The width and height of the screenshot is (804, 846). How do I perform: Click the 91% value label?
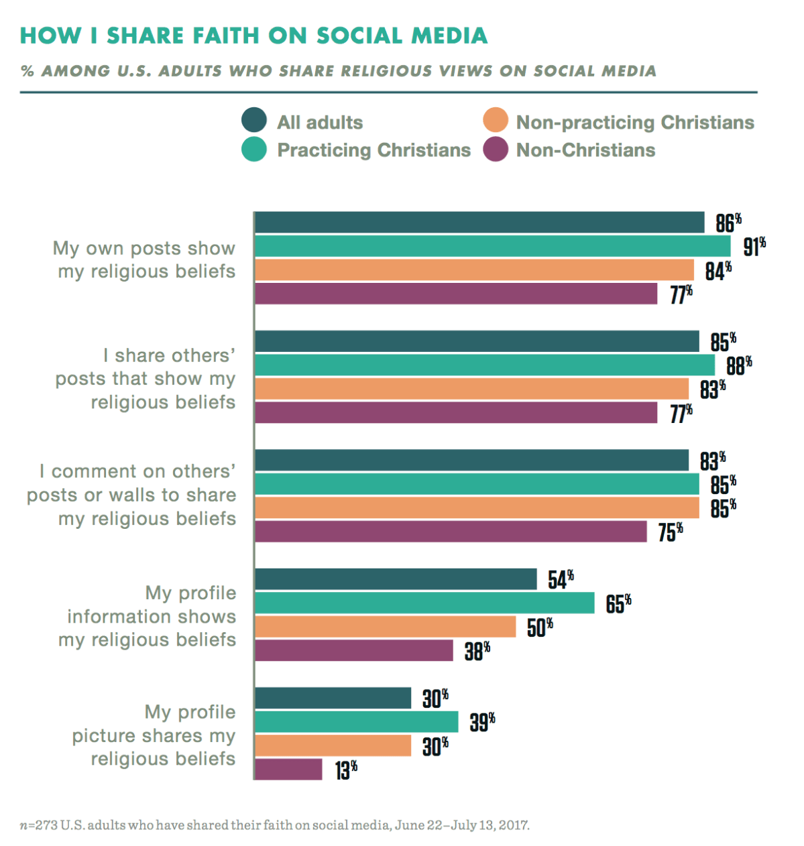click(754, 247)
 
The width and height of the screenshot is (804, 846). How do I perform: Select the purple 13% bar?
click(288, 770)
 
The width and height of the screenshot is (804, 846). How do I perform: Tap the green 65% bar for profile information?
click(424, 603)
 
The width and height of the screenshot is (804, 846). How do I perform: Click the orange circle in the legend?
click(496, 121)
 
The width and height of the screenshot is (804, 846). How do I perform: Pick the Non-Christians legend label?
click(585, 149)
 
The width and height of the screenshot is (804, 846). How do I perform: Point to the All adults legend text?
click(320, 122)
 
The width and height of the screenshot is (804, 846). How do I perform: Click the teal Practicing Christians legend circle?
click(254, 149)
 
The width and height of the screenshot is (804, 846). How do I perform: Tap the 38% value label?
click(477, 650)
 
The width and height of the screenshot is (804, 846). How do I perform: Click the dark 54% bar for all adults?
click(396, 579)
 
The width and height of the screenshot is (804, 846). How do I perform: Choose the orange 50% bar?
click(386, 627)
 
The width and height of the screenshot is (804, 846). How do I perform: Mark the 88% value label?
click(739, 365)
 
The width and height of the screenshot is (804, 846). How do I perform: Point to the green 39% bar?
click(356, 722)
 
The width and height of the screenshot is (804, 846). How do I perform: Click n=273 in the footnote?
click(38, 825)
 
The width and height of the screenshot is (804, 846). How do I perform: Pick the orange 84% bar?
click(474, 270)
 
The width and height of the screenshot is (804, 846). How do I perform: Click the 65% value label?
click(618, 603)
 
